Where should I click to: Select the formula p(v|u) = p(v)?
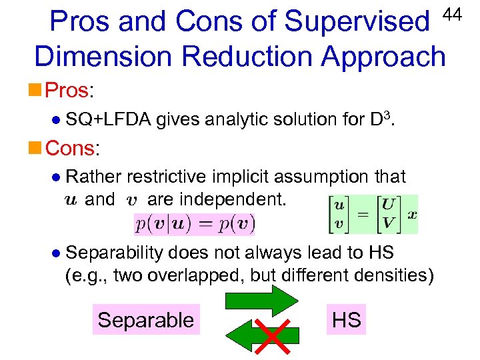194,223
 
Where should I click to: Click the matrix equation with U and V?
373,215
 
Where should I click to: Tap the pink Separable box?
145,320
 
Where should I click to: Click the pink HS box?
346,320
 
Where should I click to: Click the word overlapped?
205,275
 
